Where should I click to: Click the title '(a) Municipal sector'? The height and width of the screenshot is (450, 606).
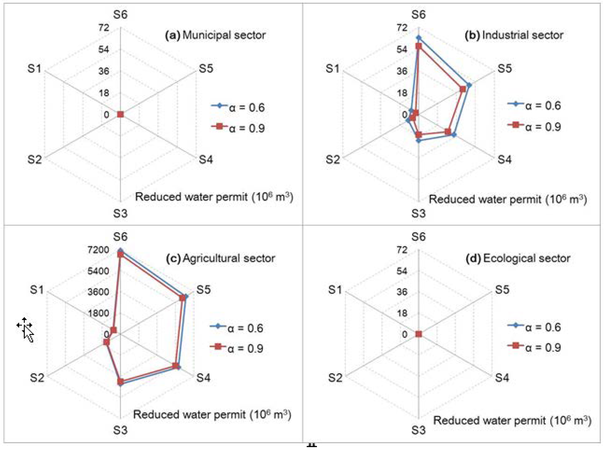pos(215,35)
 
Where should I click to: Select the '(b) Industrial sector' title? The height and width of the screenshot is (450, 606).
pos(514,35)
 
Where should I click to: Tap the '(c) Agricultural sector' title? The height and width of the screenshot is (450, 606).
pos(220,258)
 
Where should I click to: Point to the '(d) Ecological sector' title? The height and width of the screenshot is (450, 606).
pos(518,258)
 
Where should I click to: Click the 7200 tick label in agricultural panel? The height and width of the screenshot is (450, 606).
pos(98,250)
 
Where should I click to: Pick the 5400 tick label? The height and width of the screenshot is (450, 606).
pos(98,271)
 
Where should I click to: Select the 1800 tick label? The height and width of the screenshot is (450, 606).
pos(98,313)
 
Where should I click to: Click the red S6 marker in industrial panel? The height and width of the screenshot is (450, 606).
pos(419,46)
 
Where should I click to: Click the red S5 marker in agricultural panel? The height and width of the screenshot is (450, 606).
pos(182,298)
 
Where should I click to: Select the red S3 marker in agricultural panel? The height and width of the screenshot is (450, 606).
pos(120,382)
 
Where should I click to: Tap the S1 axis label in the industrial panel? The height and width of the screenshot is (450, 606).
pos(332,68)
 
